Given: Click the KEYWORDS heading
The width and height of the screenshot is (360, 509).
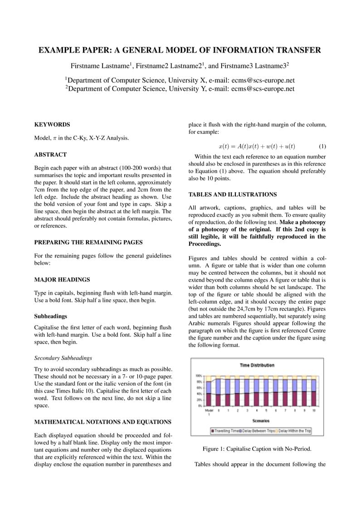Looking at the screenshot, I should (x=52, y=124).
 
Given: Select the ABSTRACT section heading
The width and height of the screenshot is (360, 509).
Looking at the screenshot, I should (x=50, y=155).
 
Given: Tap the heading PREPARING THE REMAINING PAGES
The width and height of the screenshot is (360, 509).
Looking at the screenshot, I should (x=88, y=242).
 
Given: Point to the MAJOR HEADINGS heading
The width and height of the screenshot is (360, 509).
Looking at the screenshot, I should (x=62, y=280).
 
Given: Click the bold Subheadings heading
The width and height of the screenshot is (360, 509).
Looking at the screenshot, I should (x=50, y=316).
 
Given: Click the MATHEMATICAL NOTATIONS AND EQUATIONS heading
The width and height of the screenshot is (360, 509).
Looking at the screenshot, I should (x=103, y=422).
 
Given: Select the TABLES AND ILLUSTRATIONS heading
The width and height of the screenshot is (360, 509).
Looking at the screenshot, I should (x=233, y=194).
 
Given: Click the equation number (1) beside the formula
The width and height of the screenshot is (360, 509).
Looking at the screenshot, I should (x=322, y=146).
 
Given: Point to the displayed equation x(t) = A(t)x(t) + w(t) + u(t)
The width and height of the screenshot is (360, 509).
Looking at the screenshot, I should (x=257, y=146).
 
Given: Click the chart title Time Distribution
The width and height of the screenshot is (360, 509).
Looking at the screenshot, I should (x=257, y=365).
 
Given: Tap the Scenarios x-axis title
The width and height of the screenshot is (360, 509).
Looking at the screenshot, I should (x=261, y=421).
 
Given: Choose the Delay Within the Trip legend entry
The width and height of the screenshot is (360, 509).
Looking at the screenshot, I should (x=294, y=431).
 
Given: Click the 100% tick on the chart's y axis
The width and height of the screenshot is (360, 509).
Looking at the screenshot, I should (x=199, y=376).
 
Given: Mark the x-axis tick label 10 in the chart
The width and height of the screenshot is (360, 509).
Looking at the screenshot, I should (x=314, y=410).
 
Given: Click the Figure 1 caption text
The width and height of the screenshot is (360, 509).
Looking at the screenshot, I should (x=257, y=449).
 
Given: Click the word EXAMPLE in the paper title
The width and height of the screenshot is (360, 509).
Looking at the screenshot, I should (x=61, y=50).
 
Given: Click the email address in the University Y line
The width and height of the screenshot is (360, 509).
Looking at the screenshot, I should (x=263, y=89).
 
